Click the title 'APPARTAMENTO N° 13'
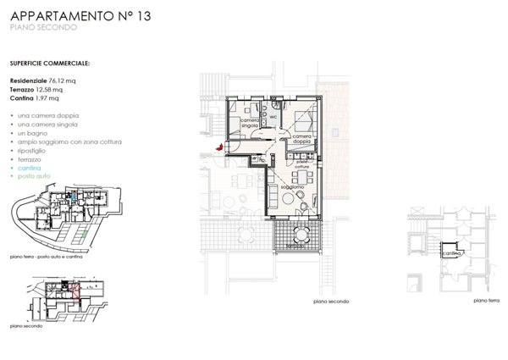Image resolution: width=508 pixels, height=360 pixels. click(x=80, y=15)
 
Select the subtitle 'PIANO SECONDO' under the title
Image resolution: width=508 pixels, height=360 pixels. click(x=43, y=29)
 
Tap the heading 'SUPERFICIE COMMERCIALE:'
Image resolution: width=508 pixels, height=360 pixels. click(x=50, y=63)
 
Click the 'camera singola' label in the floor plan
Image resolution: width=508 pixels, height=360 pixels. click(x=250, y=124)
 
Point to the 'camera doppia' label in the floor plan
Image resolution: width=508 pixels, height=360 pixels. click(x=304, y=138)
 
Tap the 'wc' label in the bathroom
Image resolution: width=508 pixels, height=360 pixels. click(x=274, y=116)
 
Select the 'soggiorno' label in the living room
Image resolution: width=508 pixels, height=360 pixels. click(x=293, y=186)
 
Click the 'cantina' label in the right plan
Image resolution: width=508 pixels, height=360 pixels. click(x=453, y=252)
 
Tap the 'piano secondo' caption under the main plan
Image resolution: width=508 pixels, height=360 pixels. click(x=330, y=302)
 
